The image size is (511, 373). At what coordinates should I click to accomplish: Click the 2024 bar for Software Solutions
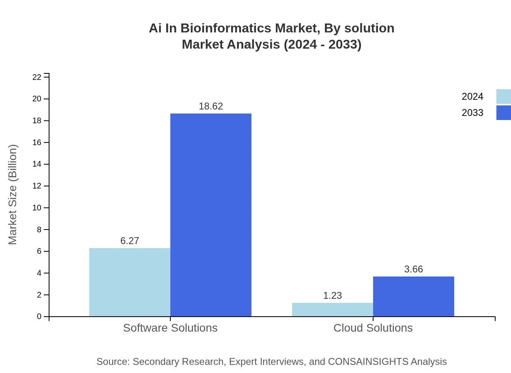tap(130, 282)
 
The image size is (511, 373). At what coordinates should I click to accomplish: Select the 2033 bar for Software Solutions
tap(211, 215)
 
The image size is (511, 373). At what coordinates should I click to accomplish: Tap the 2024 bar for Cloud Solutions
tap(333, 309)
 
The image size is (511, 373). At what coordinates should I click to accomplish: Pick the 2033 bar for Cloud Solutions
tap(414, 296)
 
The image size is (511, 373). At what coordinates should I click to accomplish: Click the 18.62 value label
tap(211, 106)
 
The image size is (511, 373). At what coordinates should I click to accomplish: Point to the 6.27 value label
tap(130, 241)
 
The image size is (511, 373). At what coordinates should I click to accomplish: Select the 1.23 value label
tap(333, 296)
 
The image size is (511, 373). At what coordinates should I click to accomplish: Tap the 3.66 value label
tap(414, 269)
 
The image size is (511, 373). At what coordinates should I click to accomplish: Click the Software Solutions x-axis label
tap(170, 328)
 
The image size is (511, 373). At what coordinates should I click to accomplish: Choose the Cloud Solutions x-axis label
tap(373, 328)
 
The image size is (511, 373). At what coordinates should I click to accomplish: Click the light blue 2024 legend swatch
tap(504, 96)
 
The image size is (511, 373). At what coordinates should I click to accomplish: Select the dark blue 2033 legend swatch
tap(504, 113)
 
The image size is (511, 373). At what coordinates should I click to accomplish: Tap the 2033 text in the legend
tap(472, 113)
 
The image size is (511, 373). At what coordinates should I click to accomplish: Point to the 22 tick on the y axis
tap(37, 77)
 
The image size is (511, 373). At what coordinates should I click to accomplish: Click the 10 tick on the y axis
tap(37, 208)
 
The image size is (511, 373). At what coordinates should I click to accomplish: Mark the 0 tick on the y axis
tap(39, 316)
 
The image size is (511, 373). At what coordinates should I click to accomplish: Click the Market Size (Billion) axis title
tap(13, 195)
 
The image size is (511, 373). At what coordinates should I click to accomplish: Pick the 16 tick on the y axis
tap(37, 142)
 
